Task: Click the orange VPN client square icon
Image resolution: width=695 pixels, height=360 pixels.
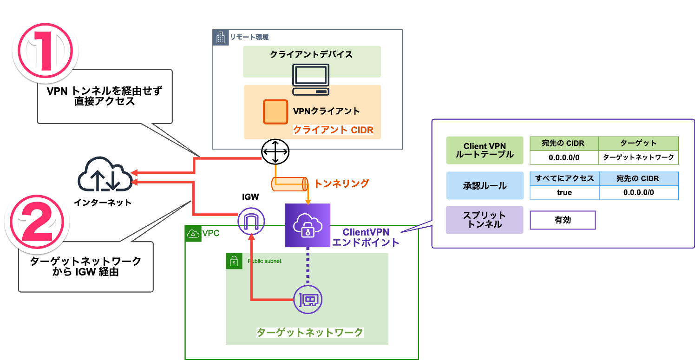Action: (275, 111)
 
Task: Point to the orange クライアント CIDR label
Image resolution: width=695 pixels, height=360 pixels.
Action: (333, 130)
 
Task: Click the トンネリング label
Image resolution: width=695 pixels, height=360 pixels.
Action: (341, 183)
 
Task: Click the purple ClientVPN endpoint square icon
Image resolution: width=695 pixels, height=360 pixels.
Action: (307, 225)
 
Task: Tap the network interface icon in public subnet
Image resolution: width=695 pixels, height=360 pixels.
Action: (308, 299)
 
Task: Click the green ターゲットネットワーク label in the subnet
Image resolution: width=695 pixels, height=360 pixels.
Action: (310, 333)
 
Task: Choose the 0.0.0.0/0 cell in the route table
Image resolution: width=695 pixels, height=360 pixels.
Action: (564, 157)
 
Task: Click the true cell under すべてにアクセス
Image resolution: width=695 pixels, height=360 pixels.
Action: (564, 192)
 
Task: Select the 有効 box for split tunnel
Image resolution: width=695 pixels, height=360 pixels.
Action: (562, 220)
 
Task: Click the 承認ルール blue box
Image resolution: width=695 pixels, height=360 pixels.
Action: (484, 185)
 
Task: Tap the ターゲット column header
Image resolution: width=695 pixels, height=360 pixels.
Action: (638, 143)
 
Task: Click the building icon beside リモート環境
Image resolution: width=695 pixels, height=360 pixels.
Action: (220, 37)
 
